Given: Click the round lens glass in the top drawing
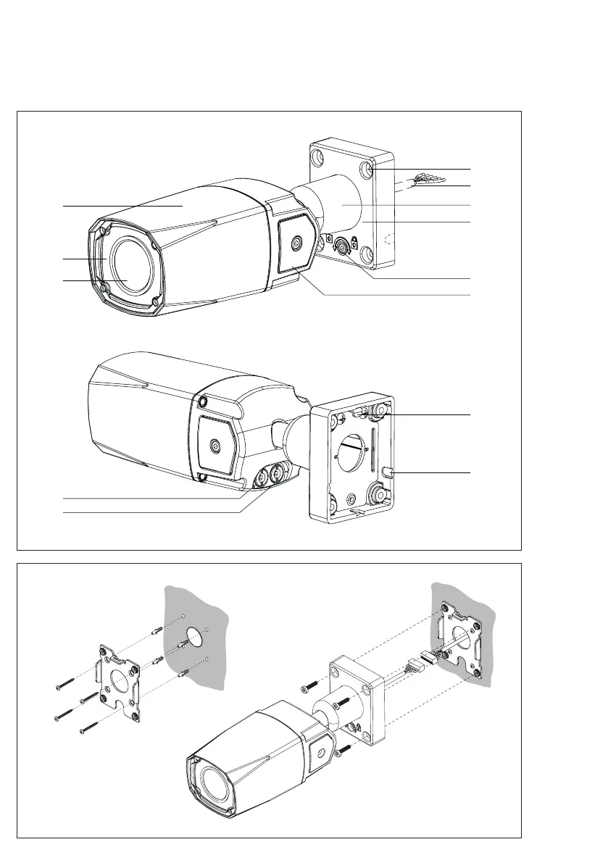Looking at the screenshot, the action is pyautogui.click(x=130, y=267).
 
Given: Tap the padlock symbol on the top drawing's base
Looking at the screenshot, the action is pyautogui.click(x=355, y=242).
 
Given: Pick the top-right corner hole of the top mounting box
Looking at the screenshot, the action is pyautogui.click(x=370, y=170).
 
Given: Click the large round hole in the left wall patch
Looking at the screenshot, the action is pyautogui.click(x=193, y=640).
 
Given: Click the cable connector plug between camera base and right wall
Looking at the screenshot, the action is pyautogui.click(x=420, y=661).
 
